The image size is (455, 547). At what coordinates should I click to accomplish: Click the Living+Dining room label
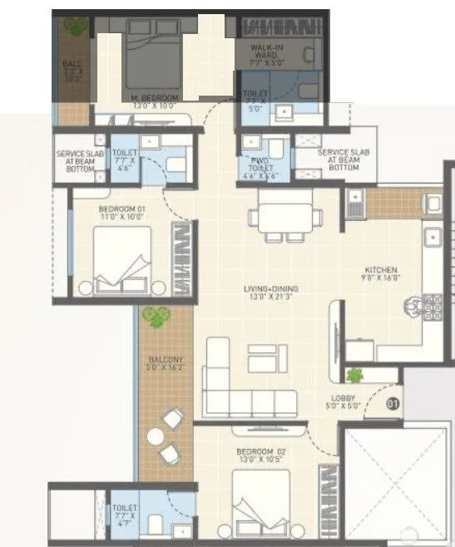click(x=270, y=289)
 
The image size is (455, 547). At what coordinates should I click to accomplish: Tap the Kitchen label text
click(x=380, y=270)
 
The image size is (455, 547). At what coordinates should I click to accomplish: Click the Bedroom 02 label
click(x=260, y=452)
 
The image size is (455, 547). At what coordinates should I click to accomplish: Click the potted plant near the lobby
click(x=356, y=374)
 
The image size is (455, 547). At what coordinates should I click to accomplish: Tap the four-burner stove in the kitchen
click(x=433, y=308)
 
